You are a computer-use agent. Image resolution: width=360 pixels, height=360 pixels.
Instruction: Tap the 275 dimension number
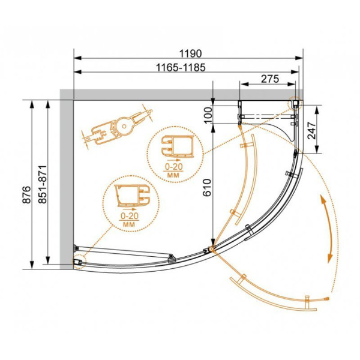271,79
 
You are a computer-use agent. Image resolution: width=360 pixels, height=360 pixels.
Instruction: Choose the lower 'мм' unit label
128,223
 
